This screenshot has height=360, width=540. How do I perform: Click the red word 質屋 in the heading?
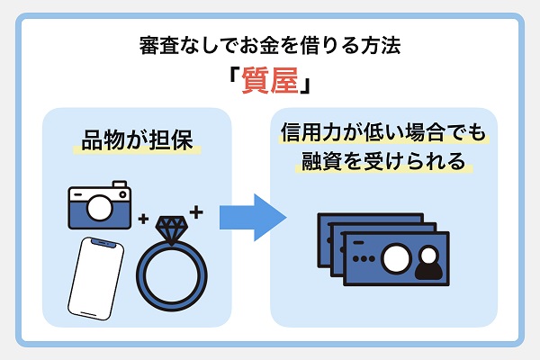pos(270,83)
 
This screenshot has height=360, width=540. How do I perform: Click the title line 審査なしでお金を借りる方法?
pos(270,45)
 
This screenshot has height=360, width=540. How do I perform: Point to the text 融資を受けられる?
pos(382,163)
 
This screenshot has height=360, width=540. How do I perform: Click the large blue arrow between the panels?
pos(253,217)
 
